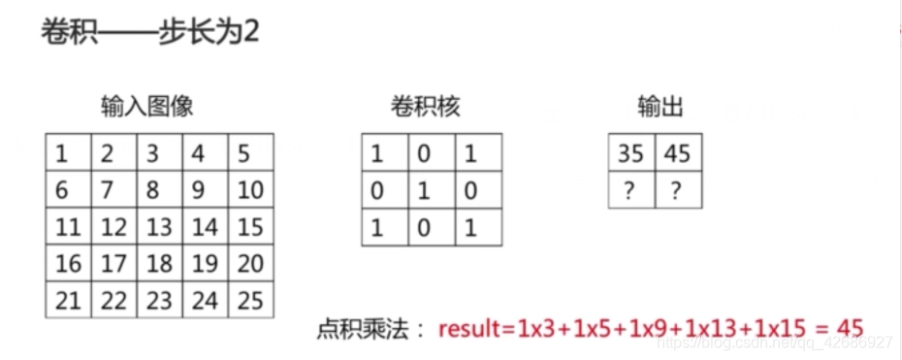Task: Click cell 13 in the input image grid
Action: (x=159, y=227)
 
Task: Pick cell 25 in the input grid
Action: (x=250, y=300)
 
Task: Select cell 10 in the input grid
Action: (x=250, y=190)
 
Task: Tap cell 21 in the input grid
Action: (x=68, y=300)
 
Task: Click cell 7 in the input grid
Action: (x=113, y=190)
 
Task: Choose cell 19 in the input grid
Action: (x=205, y=264)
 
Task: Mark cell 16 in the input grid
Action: (x=68, y=264)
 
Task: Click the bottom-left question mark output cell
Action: (x=631, y=191)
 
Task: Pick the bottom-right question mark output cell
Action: (x=678, y=191)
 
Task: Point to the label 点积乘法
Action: (x=365, y=329)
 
